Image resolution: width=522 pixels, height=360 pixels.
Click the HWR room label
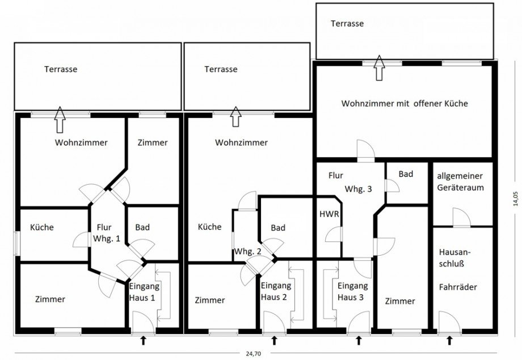coord(329,214)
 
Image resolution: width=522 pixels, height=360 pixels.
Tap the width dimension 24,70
coord(254,354)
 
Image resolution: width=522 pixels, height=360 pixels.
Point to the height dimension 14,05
coord(516,198)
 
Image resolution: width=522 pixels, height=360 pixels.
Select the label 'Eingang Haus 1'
coord(144,292)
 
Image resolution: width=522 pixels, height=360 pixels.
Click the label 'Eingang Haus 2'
coord(276,291)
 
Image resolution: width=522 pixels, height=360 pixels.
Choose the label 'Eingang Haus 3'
coord(352,291)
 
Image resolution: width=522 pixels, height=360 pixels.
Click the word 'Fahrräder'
coord(458,287)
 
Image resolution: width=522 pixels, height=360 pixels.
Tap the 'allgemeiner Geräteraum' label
coord(460,181)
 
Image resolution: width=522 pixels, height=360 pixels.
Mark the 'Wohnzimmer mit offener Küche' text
coord(405,104)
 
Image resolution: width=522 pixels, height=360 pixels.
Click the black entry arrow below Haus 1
coord(144,340)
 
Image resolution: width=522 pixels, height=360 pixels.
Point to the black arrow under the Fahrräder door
coord(449,340)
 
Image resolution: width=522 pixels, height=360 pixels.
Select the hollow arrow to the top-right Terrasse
coord(379,68)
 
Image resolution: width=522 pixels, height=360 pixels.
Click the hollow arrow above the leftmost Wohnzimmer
coord(60,120)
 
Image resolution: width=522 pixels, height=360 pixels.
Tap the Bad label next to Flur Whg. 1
coord(142,227)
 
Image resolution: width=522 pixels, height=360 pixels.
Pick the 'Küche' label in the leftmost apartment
coord(41,227)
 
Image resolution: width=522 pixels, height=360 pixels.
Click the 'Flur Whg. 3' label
coord(350,183)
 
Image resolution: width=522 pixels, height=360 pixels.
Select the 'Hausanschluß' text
coord(454,258)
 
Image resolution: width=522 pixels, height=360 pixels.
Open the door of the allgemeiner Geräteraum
coord(462,217)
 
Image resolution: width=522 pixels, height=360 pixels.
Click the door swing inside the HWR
coord(334,234)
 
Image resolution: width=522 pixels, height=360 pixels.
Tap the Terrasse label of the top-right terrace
coord(347,24)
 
